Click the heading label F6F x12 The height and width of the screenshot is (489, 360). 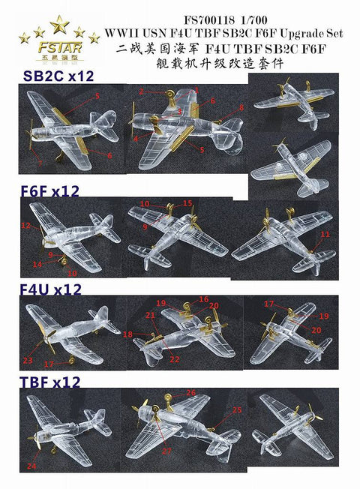coord(51,192)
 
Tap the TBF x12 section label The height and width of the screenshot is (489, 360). coord(51,382)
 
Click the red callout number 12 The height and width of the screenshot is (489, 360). coord(25,225)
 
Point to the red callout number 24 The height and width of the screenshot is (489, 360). coord(31,466)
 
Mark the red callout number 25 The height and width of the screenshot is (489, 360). coord(237,410)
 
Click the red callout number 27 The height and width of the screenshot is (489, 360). coord(166,450)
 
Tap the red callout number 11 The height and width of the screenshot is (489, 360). coord(324,235)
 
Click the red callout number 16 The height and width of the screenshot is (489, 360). coord(203,300)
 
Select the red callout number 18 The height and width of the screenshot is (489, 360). coord(128,334)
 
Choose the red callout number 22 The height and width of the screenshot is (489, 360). coord(175,359)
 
